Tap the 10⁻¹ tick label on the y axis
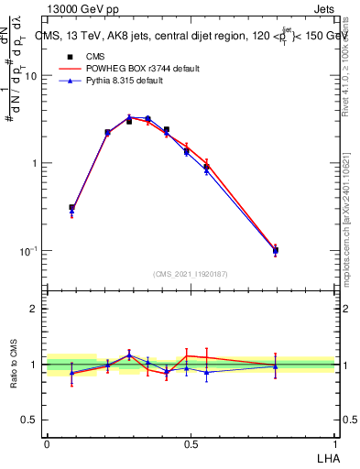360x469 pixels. point(29,250)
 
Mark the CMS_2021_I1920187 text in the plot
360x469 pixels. point(191,274)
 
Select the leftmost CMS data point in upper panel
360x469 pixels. point(72,208)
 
